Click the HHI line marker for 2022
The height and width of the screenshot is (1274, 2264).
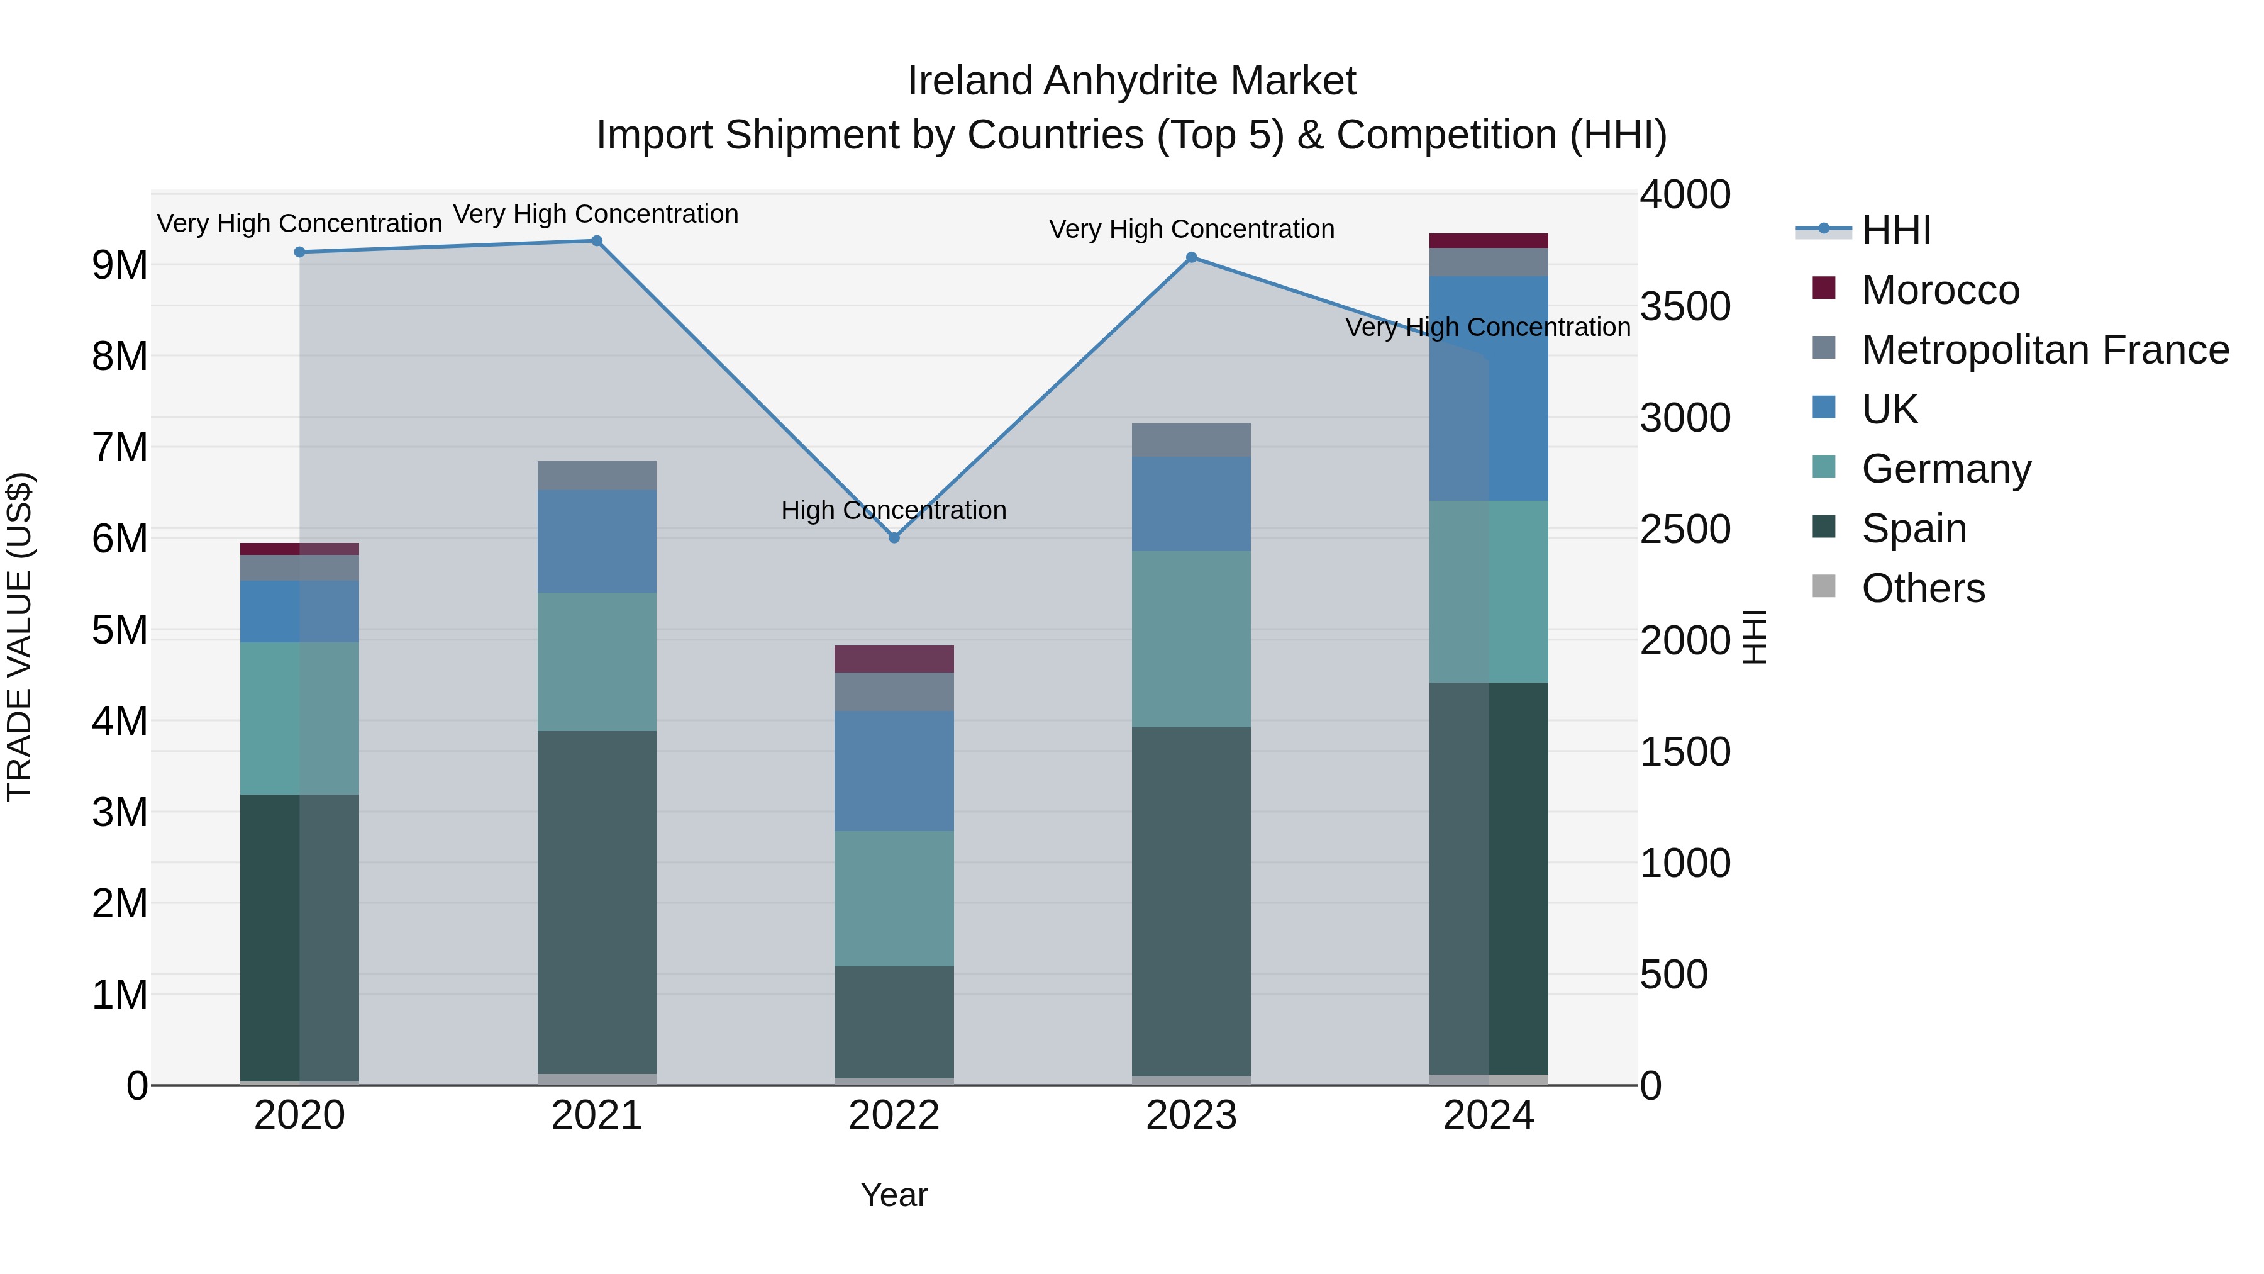pos(894,537)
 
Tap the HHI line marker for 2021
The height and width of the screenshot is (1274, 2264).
pos(597,241)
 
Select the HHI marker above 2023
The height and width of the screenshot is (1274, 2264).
pos(1191,257)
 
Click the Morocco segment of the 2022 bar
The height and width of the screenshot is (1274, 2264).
pos(894,659)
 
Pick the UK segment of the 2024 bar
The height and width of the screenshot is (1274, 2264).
pos(1489,389)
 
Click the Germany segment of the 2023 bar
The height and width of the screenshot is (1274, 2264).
pos(1191,639)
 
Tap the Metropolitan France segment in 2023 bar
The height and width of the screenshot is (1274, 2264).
pos(1191,440)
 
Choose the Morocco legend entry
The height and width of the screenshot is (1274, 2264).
pos(1939,290)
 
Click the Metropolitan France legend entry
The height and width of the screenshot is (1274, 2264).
pos(2045,350)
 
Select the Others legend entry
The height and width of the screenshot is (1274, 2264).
pos(1922,588)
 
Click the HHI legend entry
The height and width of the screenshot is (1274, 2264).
pos(1895,230)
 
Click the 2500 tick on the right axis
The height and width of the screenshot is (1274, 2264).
pos(1685,529)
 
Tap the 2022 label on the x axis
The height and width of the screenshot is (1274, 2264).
pos(894,1115)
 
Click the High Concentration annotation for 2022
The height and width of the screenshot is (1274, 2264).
pos(894,510)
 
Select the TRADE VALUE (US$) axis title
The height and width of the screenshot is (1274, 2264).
pos(20,637)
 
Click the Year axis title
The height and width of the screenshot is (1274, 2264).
pos(894,1195)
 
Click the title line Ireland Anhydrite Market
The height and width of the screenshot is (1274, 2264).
pos(1131,81)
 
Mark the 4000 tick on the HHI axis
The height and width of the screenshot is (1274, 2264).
pos(1685,195)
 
